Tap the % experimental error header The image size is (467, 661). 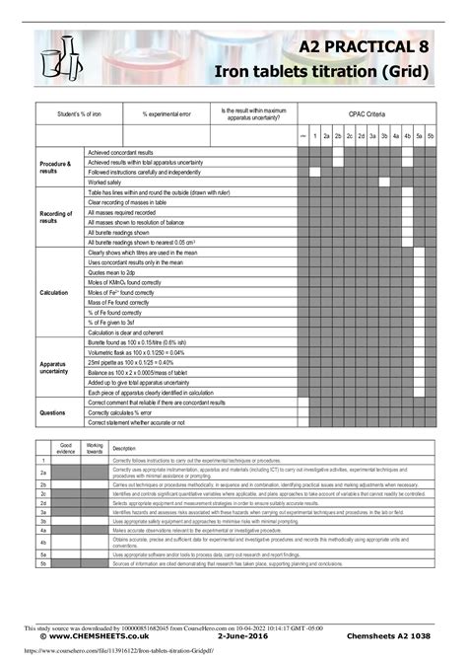pyautogui.click(x=167, y=113)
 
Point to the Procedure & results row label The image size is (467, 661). pyautogui.click(x=55, y=167)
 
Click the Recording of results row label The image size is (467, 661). pyautogui.click(x=55, y=217)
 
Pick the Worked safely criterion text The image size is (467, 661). pyautogui.click(x=105, y=183)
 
